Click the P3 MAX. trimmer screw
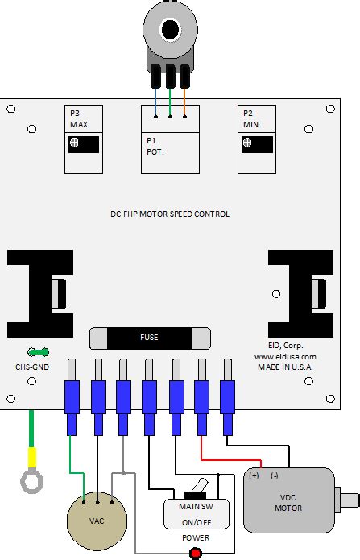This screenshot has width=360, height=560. pos(74,143)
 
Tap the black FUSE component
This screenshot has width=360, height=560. pos(150,338)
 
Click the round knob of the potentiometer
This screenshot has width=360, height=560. pos(170,30)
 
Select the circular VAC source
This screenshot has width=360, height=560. pos(97,520)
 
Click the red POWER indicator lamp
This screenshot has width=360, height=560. pos(194,552)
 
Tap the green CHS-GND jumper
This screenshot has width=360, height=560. pos(38,352)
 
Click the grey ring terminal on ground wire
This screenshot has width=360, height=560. pos(31,481)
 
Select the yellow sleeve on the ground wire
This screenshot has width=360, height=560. pos(31,458)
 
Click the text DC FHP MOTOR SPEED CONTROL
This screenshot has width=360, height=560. pos(170,214)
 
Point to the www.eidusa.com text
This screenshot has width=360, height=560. pos(285,356)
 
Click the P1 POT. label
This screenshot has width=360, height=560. pos(154,145)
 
